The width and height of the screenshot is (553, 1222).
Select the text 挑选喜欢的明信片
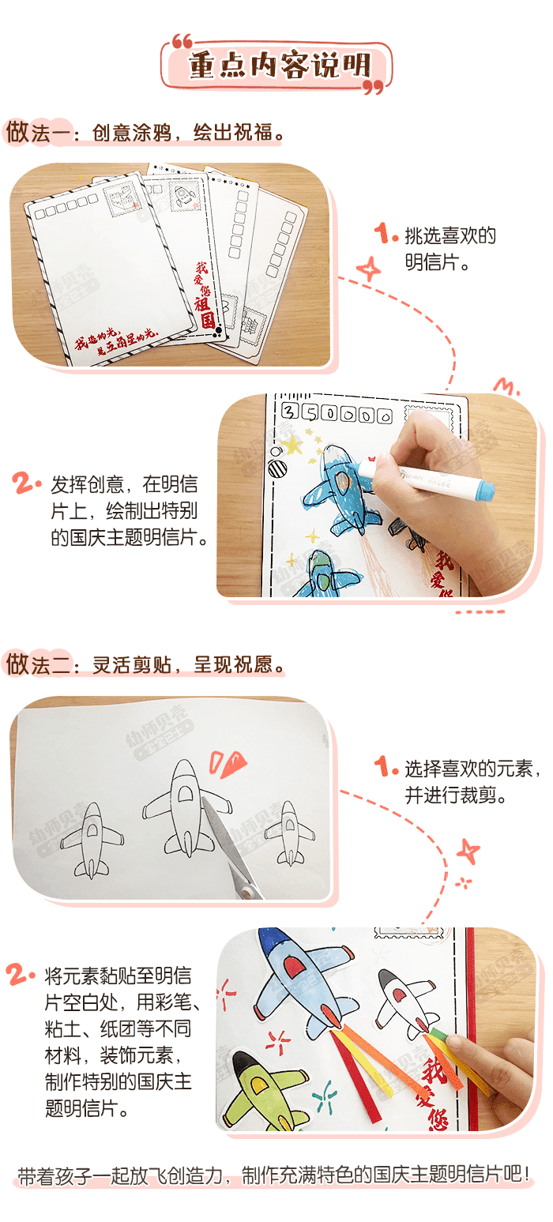tap(449, 248)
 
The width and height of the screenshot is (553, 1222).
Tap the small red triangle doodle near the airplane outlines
tap(228, 764)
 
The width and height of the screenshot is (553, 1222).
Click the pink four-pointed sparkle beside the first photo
tap(368, 269)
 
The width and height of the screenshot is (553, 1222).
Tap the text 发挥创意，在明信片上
tap(126, 510)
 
